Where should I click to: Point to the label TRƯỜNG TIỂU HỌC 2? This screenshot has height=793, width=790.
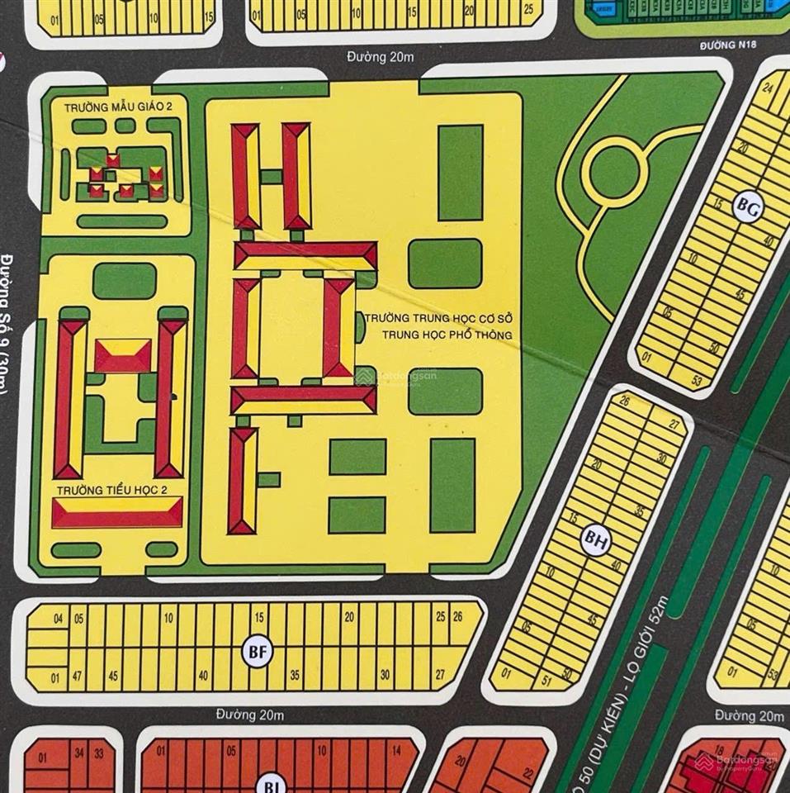111,490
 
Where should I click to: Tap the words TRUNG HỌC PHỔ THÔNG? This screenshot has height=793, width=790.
447,335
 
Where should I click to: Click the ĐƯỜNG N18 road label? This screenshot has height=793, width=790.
729,47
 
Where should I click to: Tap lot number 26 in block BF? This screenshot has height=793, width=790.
456,616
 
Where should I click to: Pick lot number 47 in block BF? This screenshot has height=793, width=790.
78,676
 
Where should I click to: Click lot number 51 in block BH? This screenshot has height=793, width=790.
545,680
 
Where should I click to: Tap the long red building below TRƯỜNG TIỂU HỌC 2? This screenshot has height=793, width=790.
116,515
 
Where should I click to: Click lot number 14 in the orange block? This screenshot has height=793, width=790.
396,752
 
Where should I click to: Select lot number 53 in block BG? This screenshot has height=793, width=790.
697,381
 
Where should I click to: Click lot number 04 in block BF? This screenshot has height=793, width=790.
58,618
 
